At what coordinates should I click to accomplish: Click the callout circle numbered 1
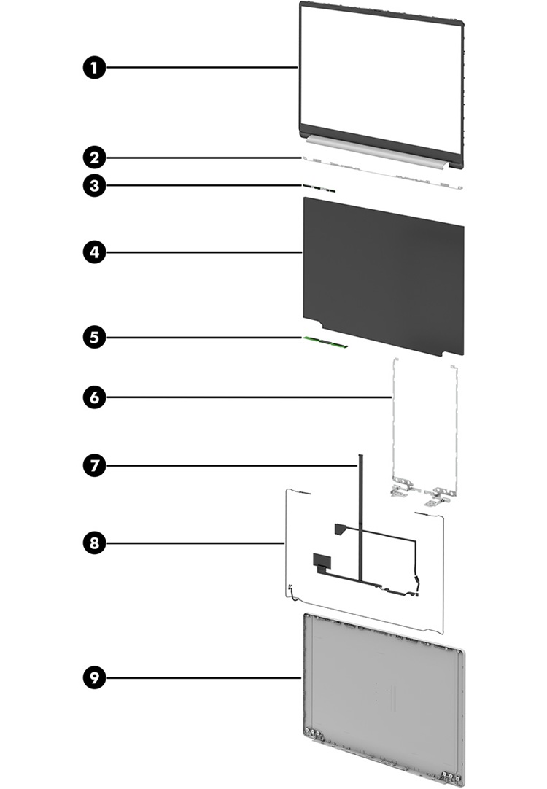point(93,68)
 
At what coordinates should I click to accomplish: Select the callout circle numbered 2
point(93,157)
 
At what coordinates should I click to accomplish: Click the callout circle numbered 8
point(93,543)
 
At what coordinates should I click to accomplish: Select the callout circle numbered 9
point(93,677)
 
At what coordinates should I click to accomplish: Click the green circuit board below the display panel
point(325,341)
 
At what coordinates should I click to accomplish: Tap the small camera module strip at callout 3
point(319,188)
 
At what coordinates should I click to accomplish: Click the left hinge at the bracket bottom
point(398,492)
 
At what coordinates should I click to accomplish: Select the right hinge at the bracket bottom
point(437,495)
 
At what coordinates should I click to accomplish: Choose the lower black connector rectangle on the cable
point(320,561)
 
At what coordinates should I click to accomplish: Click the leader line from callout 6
point(248,397)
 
